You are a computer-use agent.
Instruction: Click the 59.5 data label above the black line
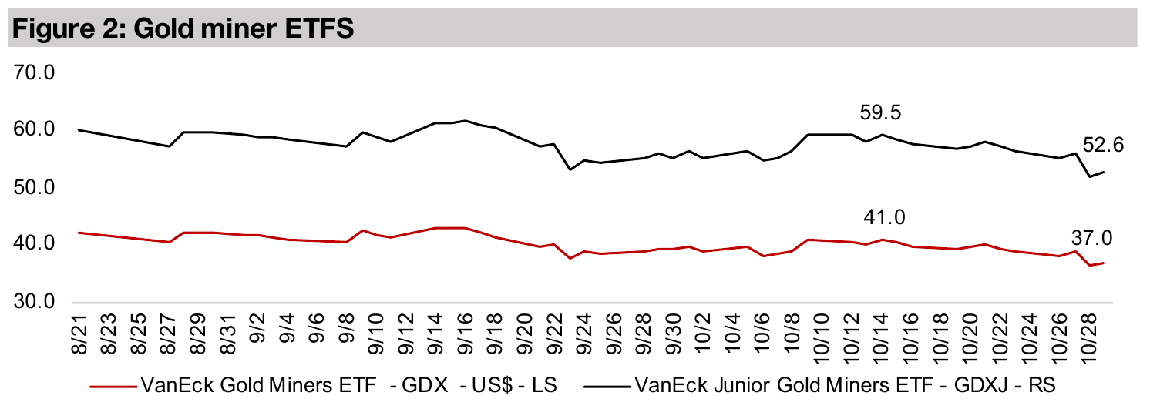point(881,113)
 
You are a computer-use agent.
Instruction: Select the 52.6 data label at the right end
point(1104,145)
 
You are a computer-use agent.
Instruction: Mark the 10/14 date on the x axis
point(879,336)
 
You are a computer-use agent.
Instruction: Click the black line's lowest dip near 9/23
point(570,169)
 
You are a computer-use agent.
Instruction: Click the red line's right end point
point(1105,263)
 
